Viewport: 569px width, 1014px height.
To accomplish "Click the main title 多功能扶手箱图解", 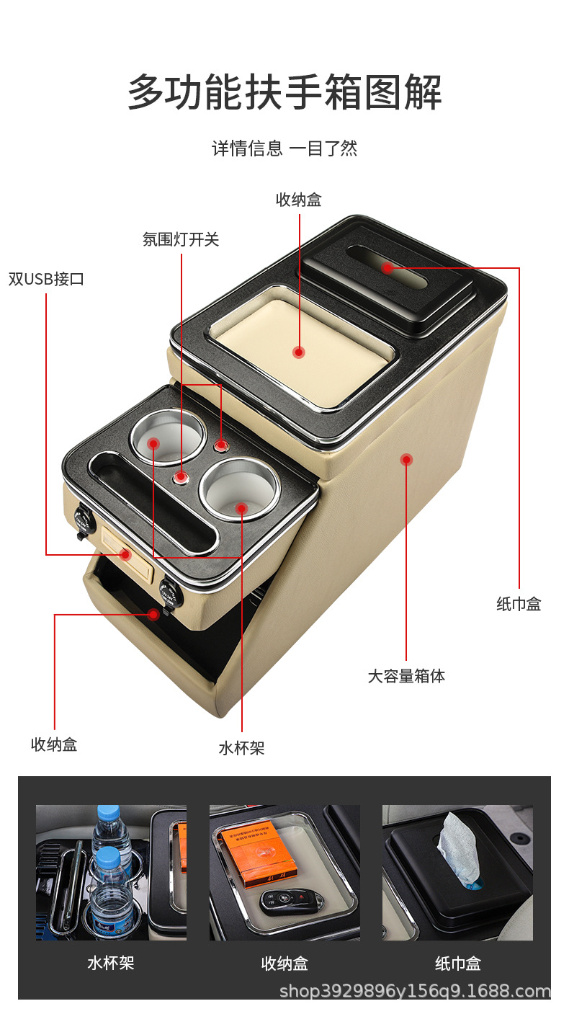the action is pyautogui.click(x=284, y=92).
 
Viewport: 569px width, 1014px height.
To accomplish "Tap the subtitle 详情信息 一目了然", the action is pyautogui.click(x=284, y=148).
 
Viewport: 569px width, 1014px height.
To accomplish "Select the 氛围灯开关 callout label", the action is pyautogui.click(x=181, y=239).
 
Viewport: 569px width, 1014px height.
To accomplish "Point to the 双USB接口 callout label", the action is pyautogui.click(x=46, y=279).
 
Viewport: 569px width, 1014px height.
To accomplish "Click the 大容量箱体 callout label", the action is pyautogui.click(x=406, y=676).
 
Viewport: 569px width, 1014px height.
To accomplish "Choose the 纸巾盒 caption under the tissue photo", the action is pyautogui.click(x=457, y=964).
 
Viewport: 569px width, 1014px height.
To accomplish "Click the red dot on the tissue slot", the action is pyautogui.click(x=387, y=268).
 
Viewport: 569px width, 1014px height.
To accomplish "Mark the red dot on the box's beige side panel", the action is pyautogui.click(x=406, y=459).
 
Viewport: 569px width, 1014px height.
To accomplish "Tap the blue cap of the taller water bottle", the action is pyautogui.click(x=108, y=811).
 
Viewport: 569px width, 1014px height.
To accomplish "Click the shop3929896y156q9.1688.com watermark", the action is pyautogui.click(x=414, y=991).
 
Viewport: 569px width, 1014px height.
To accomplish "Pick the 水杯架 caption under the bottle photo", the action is pyautogui.click(x=111, y=963).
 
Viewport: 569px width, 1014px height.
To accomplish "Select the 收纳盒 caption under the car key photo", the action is pyautogui.click(x=284, y=964).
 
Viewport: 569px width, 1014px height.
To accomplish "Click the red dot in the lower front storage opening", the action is pyautogui.click(x=153, y=614).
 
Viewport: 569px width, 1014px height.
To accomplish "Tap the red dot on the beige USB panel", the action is pyautogui.click(x=125, y=554).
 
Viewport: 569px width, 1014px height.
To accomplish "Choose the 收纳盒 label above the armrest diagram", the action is pyautogui.click(x=299, y=200).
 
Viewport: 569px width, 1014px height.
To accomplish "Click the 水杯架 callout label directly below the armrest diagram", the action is pyautogui.click(x=242, y=748).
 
